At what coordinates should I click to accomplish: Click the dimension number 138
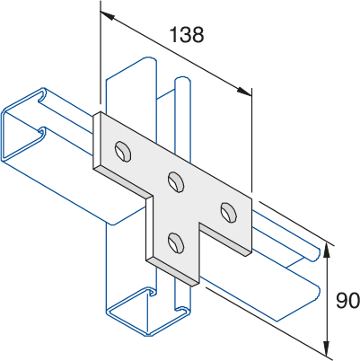click(x=187, y=34)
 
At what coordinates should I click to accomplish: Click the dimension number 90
click(x=347, y=301)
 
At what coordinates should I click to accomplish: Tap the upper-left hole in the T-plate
click(x=123, y=151)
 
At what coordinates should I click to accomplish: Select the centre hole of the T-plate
click(x=176, y=181)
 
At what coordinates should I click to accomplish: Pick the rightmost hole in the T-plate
click(x=229, y=212)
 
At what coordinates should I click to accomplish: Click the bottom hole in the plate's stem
click(x=176, y=242)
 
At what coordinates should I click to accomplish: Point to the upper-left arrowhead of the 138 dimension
click(x=107, y=15)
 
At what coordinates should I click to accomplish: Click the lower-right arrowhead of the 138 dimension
click(x=245, y=92)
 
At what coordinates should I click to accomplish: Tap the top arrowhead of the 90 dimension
click(x=328, y=251)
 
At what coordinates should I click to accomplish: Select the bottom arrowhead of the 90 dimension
click(x=328, y=349)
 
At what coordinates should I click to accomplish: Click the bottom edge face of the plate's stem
click(x=172, y=272)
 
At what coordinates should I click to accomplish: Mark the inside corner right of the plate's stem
click(x=199, y=224)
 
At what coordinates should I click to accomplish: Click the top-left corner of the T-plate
click(x=100, y=112)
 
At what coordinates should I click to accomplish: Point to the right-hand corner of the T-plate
click(x=251, y=198)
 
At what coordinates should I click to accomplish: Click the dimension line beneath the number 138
click(x=176, y=54)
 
